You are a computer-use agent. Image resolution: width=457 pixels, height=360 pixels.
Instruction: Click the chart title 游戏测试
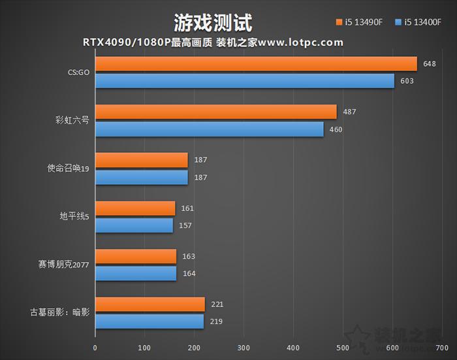(213, 23)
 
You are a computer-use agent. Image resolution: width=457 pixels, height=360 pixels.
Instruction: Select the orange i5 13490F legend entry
(361, 23)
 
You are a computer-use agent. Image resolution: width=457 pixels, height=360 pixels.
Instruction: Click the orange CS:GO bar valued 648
(256, 64)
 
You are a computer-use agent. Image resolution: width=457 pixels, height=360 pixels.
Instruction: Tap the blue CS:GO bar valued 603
(245, 81)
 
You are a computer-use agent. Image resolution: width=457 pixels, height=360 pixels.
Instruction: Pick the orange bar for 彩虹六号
(216, 112)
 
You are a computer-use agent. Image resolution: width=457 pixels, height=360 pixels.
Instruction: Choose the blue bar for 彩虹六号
(210, 129)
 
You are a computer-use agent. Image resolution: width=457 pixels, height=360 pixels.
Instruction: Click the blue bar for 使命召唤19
(142, 177)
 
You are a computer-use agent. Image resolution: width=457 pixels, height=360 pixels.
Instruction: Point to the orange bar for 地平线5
(135, 208)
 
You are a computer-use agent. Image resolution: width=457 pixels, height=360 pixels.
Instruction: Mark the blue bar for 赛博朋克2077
(136, 274)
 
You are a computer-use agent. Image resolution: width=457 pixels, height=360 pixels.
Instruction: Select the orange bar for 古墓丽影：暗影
(150, 304)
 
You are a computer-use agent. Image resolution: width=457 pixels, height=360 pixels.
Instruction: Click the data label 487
(349, 112)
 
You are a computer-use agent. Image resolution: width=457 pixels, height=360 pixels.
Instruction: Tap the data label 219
(217, 322)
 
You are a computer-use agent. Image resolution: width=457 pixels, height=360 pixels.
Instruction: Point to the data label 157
(186, 225)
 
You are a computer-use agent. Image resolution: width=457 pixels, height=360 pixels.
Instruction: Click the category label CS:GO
(78, 73)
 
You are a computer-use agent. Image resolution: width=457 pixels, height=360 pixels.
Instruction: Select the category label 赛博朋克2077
(63, 265)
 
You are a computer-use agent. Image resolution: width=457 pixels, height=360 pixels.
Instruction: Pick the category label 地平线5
(73, 217)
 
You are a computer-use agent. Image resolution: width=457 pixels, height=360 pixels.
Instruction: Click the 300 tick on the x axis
(244, 348)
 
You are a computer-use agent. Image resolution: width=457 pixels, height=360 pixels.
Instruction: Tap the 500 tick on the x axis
(343, 348)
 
